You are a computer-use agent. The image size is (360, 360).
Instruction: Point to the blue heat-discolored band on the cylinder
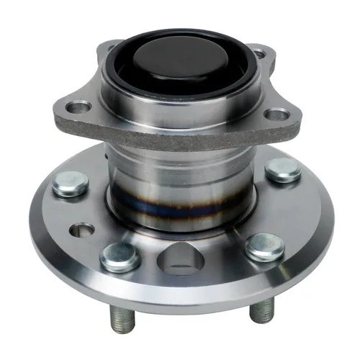click(x=180, y=214)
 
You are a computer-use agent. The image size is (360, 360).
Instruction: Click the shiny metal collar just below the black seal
click(x=180, y=101)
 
